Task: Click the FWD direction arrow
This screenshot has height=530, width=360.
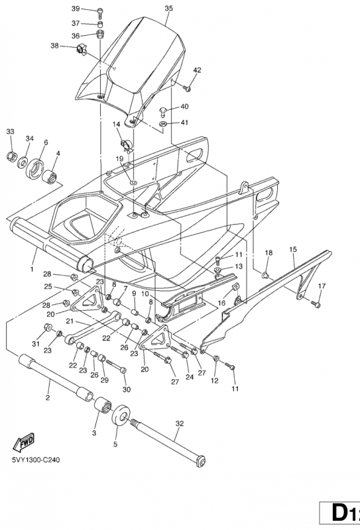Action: coord(24,443)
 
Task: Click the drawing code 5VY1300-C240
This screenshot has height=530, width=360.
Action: coord(36,460)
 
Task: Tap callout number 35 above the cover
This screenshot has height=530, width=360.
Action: coord(168,9)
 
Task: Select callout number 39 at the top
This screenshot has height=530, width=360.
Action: coord(76,9)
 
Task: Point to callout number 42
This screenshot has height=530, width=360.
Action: coord(197,70)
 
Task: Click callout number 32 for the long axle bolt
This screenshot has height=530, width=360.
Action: coord(180,423)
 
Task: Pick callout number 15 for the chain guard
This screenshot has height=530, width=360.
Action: coord(293,250)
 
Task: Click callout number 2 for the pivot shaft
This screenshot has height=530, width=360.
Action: coord(48,398)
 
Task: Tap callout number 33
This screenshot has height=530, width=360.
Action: coord(11,131)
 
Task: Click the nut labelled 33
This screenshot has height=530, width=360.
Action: coord(12,156)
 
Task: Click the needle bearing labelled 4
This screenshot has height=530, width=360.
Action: coord(50,177)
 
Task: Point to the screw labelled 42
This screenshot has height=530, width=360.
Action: coord(187,89)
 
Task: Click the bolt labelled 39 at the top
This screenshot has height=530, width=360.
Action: coord(101,13)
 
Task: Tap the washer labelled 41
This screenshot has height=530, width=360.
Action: coord(162,124)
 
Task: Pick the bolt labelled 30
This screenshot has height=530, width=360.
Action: coord(117,366)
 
